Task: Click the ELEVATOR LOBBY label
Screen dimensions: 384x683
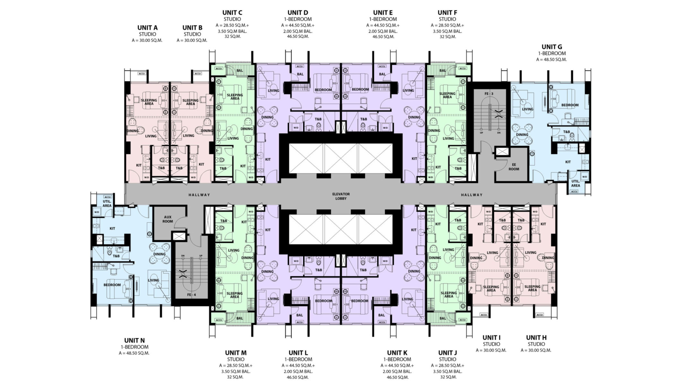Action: (341, 196)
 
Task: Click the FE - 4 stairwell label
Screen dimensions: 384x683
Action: (191, 295)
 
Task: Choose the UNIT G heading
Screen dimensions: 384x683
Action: (552, 47)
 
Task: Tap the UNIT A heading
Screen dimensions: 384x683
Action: (147, 28)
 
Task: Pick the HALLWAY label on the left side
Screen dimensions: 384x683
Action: (199, 195)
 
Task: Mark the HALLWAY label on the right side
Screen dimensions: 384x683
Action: (471, 195)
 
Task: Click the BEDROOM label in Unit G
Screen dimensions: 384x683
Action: (570, 105)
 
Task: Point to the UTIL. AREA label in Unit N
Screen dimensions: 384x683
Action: (107, 204)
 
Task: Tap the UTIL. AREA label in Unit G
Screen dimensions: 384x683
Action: (575, 183)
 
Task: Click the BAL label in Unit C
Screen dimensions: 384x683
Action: (239, 71)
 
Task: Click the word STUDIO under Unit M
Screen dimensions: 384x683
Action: (235, 359)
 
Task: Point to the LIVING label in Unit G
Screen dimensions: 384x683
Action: (527, 109)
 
